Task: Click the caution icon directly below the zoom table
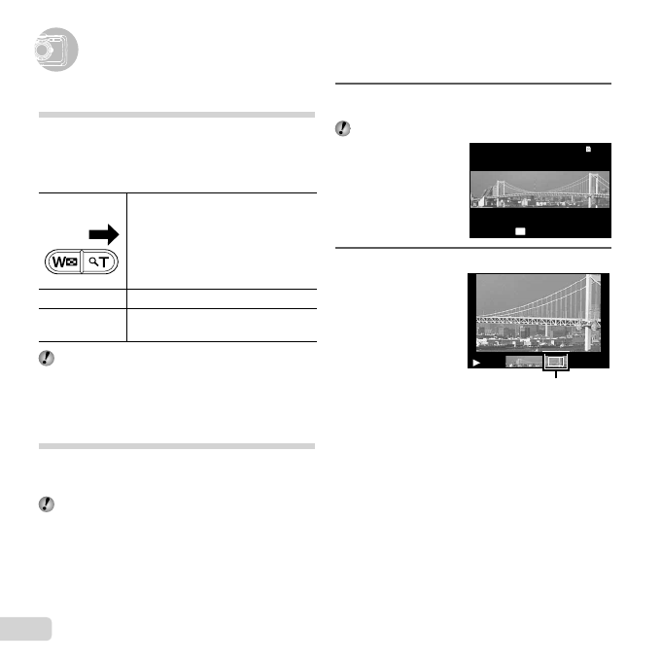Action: [x=47, y=357]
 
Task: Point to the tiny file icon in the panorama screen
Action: [x=588, y=150]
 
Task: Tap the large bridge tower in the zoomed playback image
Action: [x=591, y=314]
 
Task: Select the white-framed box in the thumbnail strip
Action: [x=556, y=362]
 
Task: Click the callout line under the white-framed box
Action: [x=556, y=374]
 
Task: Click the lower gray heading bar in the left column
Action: [x=177, y=446]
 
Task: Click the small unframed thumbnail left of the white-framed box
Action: [x=525, y=363]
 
